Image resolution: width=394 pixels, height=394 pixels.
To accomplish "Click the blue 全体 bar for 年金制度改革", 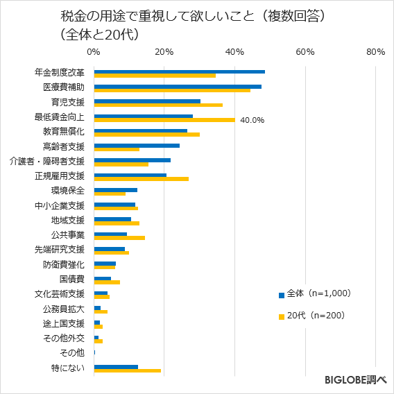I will (x=179, y=71).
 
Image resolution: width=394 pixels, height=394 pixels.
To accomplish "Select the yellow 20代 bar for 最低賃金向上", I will (x=164, y=119).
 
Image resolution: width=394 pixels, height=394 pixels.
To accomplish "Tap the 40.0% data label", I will (x=252, y=120).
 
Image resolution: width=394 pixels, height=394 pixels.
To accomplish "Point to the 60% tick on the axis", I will (x=305, y=52).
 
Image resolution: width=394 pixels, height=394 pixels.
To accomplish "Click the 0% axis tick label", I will (x=94, y=52).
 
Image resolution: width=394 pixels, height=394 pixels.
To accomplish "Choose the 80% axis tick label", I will (x=375, y=52).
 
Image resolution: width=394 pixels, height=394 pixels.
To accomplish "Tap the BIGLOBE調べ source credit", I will (x=355, y=380).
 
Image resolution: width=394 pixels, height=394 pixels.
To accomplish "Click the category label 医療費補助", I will (x=63, y=87).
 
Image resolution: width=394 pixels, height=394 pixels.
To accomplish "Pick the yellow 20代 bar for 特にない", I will (x=127, y=370).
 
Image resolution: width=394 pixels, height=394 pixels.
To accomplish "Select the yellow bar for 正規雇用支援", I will (x=141, y=178).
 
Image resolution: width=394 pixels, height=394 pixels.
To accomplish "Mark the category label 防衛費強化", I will (x=63, y=264).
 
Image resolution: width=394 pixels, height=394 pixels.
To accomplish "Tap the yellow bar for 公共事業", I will (x=119, y=237).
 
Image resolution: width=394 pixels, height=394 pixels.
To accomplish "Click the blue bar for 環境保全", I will (x=115, y=189).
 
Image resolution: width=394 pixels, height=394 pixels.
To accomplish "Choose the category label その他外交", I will (x=63, y=338).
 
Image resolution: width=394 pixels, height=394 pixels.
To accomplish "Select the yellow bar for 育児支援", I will (x=158, y=105).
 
